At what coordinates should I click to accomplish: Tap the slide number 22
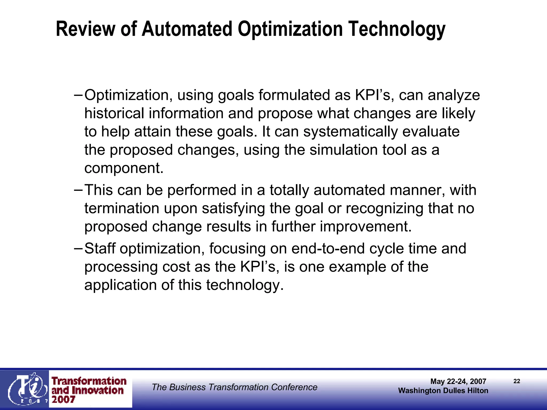(517, 381)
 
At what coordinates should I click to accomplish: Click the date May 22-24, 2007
(458, 381)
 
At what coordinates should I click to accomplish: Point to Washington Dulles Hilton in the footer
(443, 391)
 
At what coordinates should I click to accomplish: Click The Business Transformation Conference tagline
(235, 387)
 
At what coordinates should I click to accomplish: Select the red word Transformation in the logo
(89, 381)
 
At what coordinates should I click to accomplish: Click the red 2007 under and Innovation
(63, 400)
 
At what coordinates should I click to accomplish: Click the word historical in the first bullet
(114, 113)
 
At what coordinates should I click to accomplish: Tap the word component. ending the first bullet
(124, 168)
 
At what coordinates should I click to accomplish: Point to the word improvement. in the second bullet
(366, 226)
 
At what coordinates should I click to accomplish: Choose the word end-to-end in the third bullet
(328, 249)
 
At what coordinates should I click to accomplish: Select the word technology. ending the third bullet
(244, 285)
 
